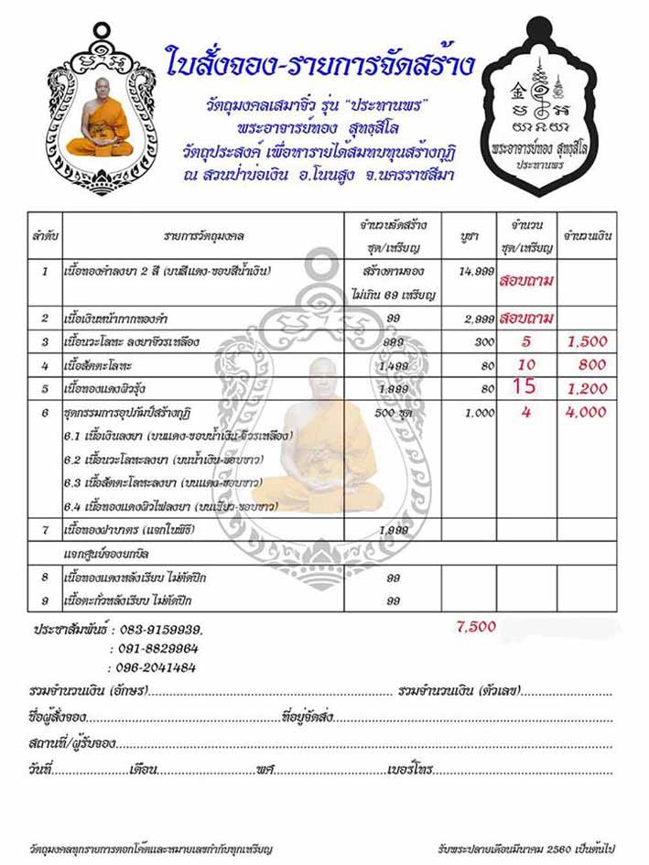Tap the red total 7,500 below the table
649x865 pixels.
click(x=476, y=626)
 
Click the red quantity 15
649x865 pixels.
click(x=525, y=386)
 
